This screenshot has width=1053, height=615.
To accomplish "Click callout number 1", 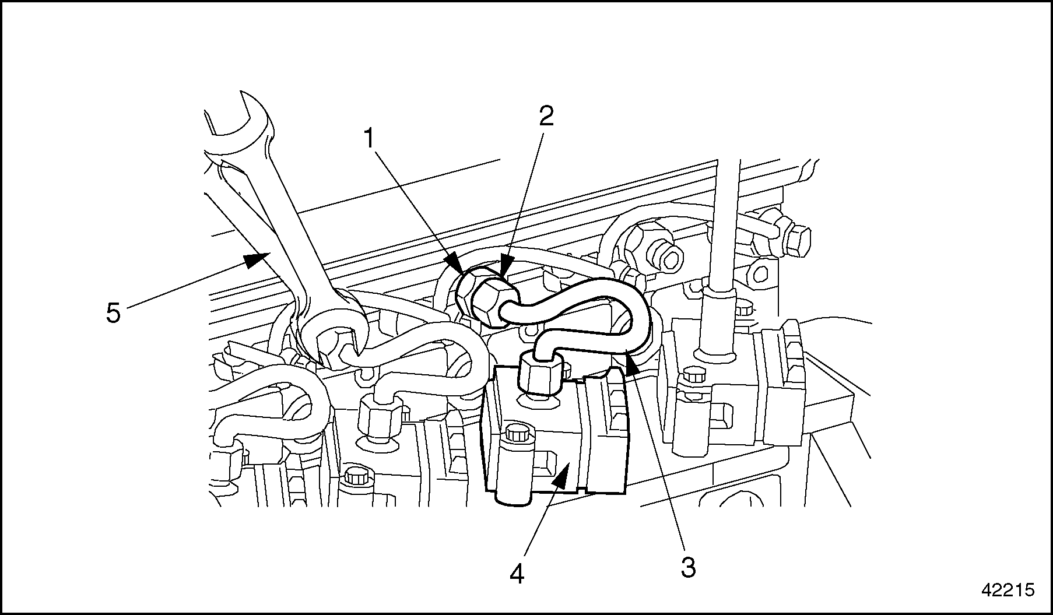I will pyautogui.click(x=368, y=139).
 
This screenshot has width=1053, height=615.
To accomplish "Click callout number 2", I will pyautogui.click(x=546, y=117).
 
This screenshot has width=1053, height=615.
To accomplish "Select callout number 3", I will pyautogui.click(x=689, y=567).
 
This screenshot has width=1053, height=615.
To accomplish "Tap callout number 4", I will pyautogui.click(x=517, y=574).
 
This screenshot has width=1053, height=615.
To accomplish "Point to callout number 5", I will pyautogui.click(x=113, y=314).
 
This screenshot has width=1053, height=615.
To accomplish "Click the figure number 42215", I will pyautogui.click(x=1008, y=590).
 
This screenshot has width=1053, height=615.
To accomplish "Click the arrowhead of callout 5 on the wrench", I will pyautogui.click(x=257, y=259).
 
